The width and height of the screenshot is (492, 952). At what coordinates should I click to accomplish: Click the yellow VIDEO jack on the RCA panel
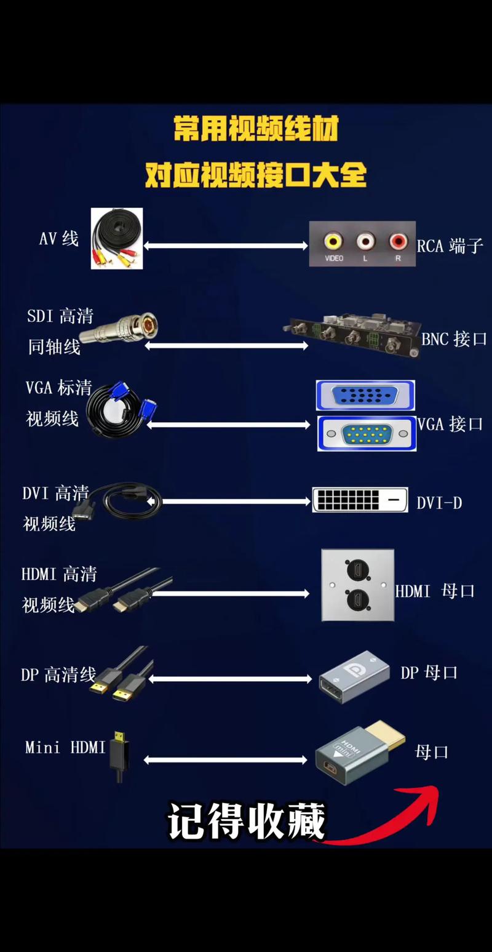(333, 241)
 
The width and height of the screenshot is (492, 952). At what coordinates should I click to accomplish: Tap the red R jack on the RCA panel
(398, 241)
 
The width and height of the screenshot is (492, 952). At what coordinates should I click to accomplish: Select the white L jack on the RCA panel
(365, 241)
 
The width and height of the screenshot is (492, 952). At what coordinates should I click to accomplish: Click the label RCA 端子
(450, 246)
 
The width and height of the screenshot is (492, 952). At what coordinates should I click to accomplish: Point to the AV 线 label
(59, 238)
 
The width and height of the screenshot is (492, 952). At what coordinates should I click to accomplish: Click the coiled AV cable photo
(117, 238)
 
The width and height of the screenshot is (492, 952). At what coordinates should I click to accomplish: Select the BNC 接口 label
(454, 339)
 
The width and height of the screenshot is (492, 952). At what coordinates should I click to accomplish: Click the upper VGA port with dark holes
(365, 395)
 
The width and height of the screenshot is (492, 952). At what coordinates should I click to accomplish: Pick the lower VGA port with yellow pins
(367, 433)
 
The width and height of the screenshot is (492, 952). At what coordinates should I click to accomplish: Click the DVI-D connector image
(360, 500)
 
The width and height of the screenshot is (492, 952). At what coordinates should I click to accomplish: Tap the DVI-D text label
(439, 503)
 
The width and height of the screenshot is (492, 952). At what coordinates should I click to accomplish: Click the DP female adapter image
(354, 676)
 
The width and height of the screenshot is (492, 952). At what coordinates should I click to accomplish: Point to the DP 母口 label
(429, 673)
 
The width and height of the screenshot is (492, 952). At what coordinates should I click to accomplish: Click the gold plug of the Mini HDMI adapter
(385, 735)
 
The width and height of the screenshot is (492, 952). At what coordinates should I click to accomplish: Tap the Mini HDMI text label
(65, 747)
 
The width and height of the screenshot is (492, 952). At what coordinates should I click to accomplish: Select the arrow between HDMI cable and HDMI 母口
(230, 594)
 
